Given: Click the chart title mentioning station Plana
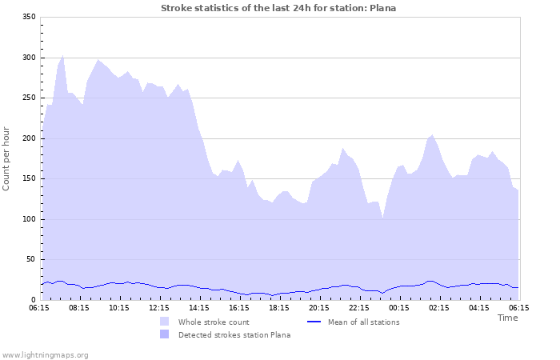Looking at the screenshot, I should tap(278, 8).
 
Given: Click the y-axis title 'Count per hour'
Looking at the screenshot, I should tap(7, 158).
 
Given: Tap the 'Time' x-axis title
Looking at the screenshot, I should tap(507, 318).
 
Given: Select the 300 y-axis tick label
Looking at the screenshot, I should tap(28, 58).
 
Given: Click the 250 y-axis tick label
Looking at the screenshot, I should tap(28, 98).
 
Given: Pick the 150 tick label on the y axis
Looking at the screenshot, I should tap(28, 179).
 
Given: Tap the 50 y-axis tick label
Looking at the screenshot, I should tap(30, 259).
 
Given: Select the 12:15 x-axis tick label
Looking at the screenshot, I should tap(158, 307).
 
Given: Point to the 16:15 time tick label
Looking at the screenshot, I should tap(238, 307).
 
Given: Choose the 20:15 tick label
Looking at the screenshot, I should tap(318, 307).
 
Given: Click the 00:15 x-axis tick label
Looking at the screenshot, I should tap(398, 307).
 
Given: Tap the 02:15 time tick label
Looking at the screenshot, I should tap(438, 307).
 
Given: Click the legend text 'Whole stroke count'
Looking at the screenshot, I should tap(214, 322).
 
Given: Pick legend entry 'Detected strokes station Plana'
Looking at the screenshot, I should tap(234, 335).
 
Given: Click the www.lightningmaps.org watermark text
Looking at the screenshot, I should tap(45, 354).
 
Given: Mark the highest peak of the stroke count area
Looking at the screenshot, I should tap(63, 55).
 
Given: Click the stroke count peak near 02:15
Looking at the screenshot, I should tap(433, 135).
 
